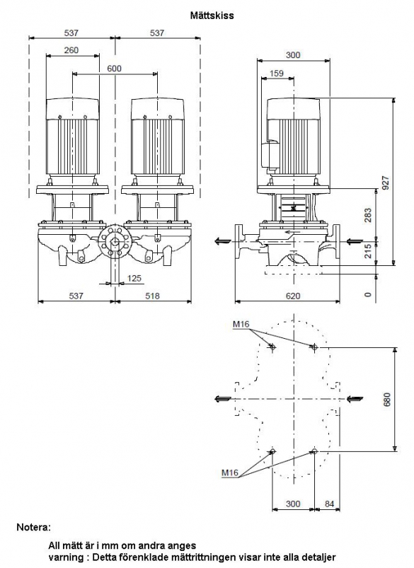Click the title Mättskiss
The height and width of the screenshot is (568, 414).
[x=212, y=16]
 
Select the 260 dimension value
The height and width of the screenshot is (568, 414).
[x=71, y=50]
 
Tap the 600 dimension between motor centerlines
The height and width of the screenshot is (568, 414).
[x=115, y=69]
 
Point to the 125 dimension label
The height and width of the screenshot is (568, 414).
[x=134, y=279]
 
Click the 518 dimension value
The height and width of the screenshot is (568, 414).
[x=152, y=296]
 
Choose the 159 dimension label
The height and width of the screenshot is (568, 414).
[x=277, y=74]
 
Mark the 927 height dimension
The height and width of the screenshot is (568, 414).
[x=386, y=183]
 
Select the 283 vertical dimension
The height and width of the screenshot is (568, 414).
[x=368, y=215]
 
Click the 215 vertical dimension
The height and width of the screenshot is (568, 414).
[x=368, y=251]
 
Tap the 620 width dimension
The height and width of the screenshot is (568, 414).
[x=293, y=296]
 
